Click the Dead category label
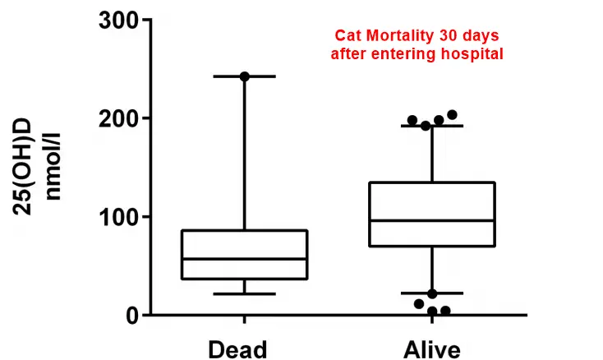(x=237, y=348)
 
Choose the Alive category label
(x=431, y=348)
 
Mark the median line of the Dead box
(x=244, y=259)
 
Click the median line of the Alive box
(x=432, y=220)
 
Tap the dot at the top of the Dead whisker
(x=244, y=76)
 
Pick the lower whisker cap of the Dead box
(x=244, y=293)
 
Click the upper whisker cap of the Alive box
(x=432, y=126)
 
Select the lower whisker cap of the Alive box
(x=432, y=293)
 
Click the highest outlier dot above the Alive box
(x=452, y=115)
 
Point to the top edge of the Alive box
(x=432, y=182)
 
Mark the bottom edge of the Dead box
(x=244, y=279)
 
